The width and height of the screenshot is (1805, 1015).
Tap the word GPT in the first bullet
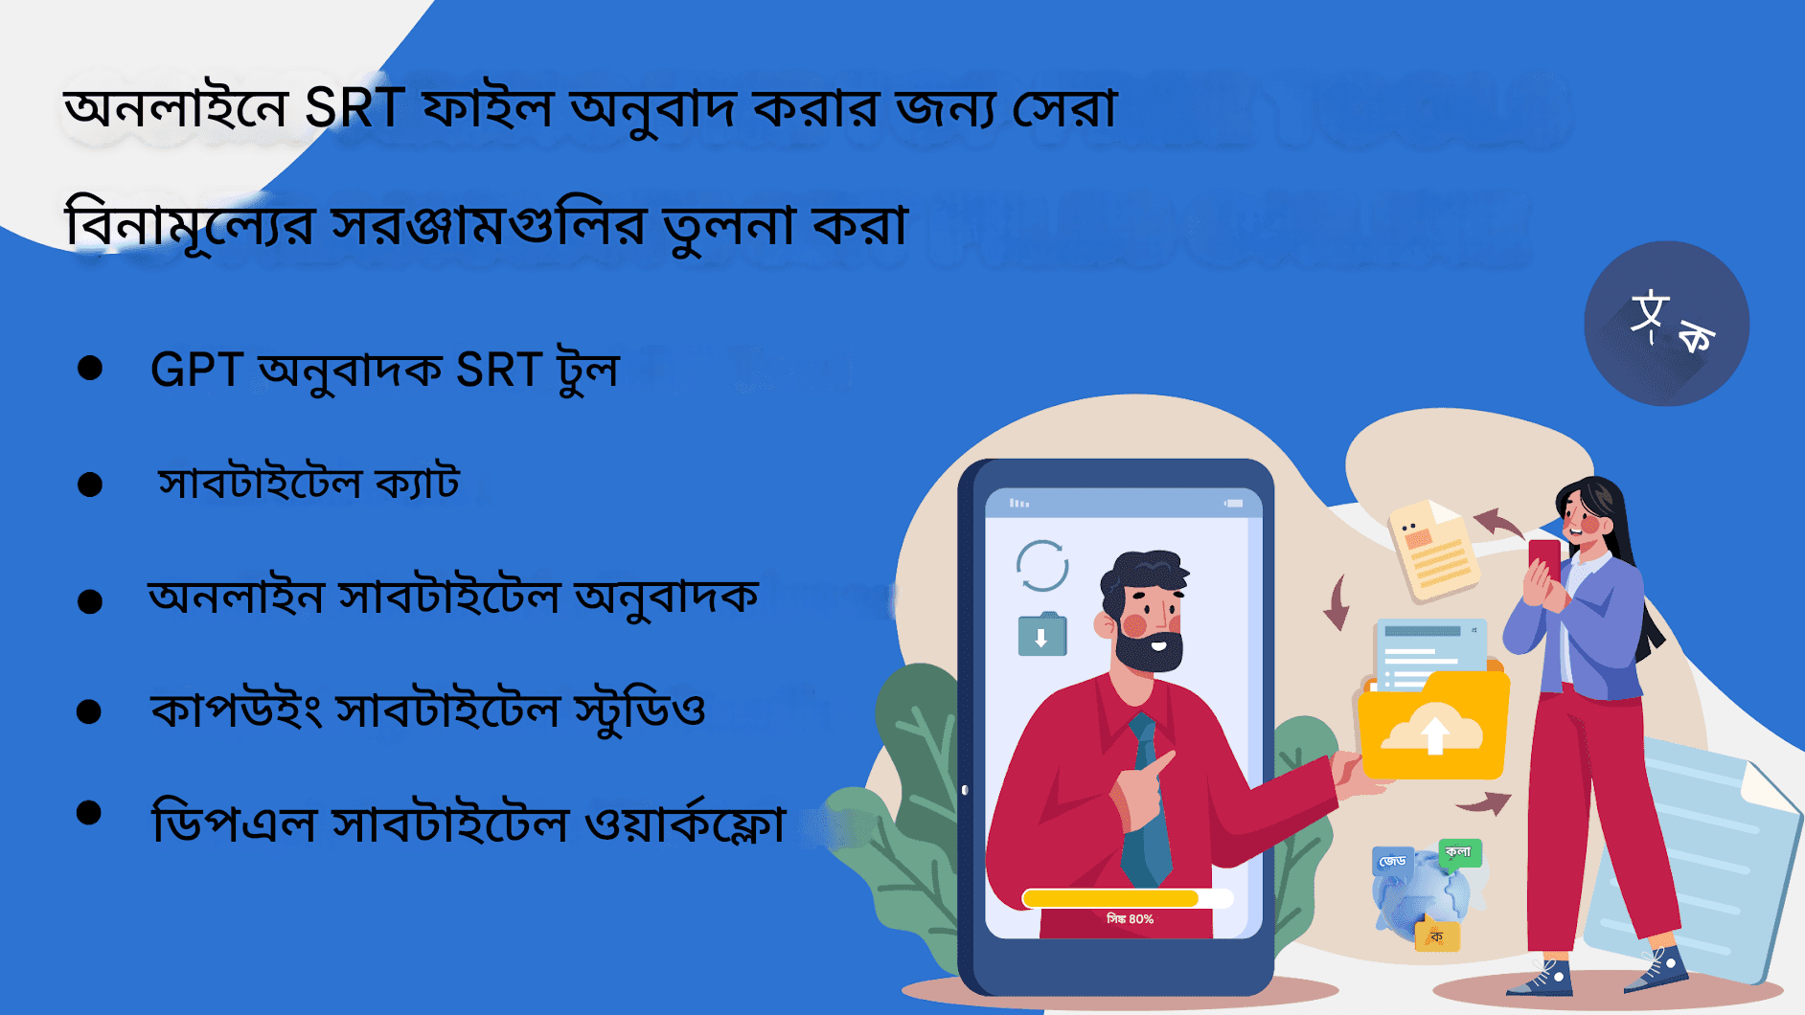[x=196, y=370]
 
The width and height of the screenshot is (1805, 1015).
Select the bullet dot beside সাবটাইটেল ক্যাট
[x=90, y=485]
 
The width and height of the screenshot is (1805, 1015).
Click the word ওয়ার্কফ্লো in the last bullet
[x=685, y=823]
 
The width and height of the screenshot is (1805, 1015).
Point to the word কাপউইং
[x=236, y=710]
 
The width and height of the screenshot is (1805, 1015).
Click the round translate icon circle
[x=1666, y=324]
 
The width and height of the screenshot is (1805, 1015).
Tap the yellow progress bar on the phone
[x=1111, y=898]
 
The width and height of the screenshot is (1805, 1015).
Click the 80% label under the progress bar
[x=1130, y=919]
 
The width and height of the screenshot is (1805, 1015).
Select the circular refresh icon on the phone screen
[x=1041, y=566]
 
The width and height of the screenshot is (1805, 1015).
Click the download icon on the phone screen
[x=1041, y=636]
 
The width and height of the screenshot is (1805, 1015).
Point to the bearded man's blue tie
[x=1145, y=804]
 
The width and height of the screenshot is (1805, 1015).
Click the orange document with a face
[x=1433, y=550]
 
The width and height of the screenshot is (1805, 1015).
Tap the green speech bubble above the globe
[x=1459, y=852]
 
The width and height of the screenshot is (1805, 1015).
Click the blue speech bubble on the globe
[x=1392, y=862]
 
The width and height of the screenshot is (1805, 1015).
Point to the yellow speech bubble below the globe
[x=1437, y=936]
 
